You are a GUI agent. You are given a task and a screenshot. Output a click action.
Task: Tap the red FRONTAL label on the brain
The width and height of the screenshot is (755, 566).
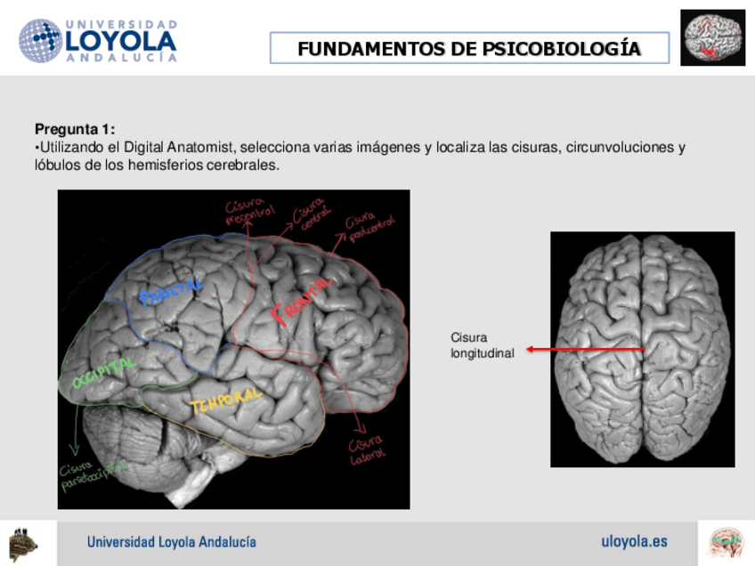click(x=302, y=301)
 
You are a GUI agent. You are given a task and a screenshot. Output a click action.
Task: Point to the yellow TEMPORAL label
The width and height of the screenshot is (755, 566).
click(x=225, y=401)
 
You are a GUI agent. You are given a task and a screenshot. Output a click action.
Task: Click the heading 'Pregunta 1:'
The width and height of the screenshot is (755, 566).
click(x=75, y=129)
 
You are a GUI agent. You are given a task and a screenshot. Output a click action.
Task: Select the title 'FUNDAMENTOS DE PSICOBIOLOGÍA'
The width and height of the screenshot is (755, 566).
click(x=469, y=48)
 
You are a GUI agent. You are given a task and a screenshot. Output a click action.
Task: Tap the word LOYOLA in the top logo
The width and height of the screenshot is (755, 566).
click(x=121, y=41)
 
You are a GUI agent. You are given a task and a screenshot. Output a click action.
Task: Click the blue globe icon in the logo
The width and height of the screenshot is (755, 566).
click(x=40, y=41)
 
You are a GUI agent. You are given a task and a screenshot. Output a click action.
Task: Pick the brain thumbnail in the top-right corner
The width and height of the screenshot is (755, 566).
click(x=712, y=38)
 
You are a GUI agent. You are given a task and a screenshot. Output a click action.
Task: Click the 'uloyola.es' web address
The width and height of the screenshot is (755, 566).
click(x=634, y=541)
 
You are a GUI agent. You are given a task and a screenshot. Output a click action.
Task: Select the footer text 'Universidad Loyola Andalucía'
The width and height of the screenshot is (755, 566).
click(x=172, y=542)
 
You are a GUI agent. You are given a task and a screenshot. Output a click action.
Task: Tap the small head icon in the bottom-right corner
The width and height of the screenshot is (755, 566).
click(x=726, y=542)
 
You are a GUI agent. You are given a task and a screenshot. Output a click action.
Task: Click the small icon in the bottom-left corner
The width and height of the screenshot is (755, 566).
click(x=24, y=542)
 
